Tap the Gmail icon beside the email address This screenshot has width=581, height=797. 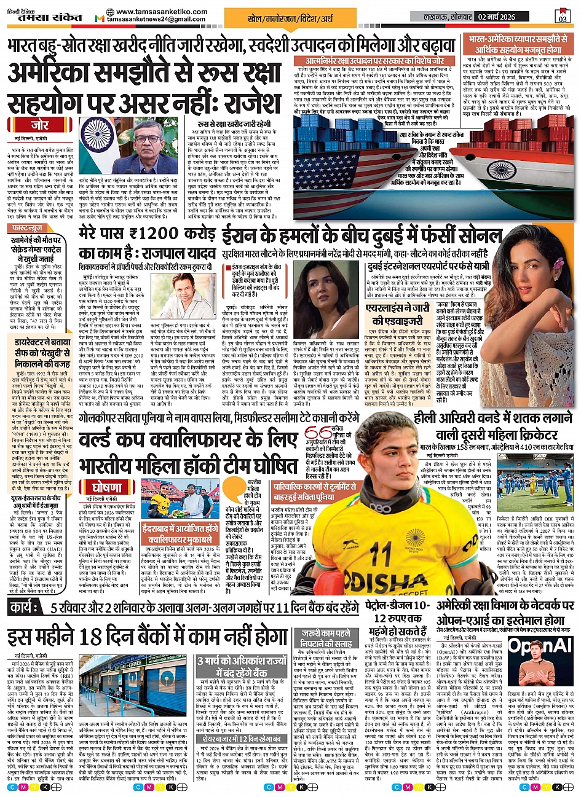click(99, 18)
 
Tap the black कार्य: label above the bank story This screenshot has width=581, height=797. click(25, 607)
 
